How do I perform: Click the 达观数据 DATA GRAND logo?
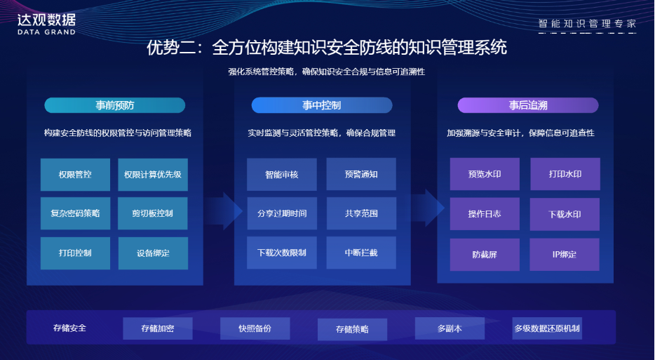click(46, 22)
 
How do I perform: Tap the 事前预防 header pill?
click(115, 105)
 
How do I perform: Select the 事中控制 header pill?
click(322, 105)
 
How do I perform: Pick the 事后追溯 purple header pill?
click(528, 105)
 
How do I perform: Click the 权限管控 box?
click(75, 175)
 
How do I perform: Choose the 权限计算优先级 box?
click(153, 175)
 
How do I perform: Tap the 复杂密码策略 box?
click(75, 213)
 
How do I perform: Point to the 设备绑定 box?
click(153, 253)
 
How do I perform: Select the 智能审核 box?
click(282, 174)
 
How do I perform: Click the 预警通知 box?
click(361, 174)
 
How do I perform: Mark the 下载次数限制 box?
click(282, 252)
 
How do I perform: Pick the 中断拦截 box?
click(361, 252)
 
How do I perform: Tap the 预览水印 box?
click(485, 174)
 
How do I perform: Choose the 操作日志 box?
click(485, 213)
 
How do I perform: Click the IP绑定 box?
click(565, 254)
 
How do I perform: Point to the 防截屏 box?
click(485, 254)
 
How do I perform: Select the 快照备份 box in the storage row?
click(255, 328)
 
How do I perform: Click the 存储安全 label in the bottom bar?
click(70, 328)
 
